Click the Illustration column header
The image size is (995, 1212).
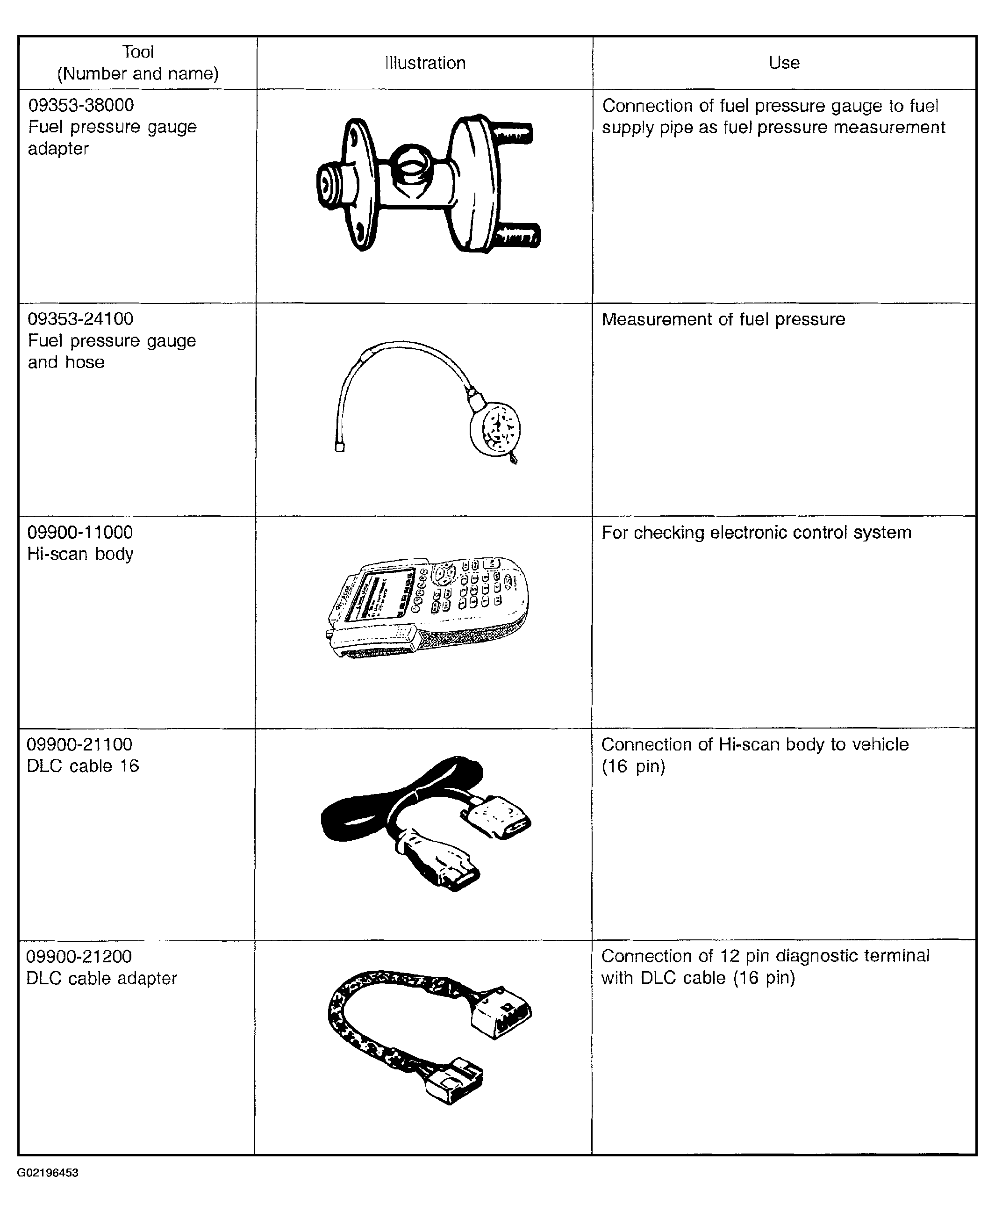pyautogui.click(x=425, y=63)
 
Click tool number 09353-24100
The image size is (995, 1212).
pyautogui.click(x=80, y=319)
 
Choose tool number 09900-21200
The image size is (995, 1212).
pyautogui.click(x=79, y=956)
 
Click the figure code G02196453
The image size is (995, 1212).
pyautogui.click(x=48, y=1172)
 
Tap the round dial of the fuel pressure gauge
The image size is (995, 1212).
pyautogui.click(x=494, y=428)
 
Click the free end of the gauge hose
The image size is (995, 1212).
pyautogui.click(x=339, y=448)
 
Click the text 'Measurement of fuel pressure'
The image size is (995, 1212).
pyautogui.click(x=723, y=319)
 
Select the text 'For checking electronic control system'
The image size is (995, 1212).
pyautogui.click(x=757, y=533)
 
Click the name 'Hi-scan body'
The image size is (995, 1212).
pyautogui.click(x=80, y=554)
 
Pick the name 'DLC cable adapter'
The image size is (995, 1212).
pyautogui.click(x=102, y=978)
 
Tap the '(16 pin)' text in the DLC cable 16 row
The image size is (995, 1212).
pyautogui.click(x=633, y=766)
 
